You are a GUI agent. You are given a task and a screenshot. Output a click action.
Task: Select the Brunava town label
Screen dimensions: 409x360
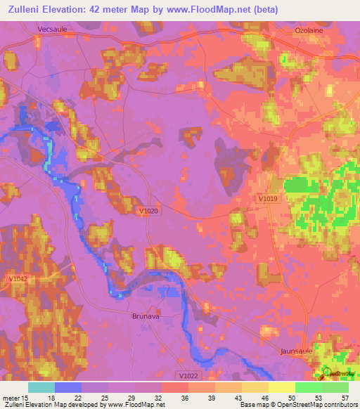147,316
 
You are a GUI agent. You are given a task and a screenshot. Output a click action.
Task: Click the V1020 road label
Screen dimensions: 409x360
148,210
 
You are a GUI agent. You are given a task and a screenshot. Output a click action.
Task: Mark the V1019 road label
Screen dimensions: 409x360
266,200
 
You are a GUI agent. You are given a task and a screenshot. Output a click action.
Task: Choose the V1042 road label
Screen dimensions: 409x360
19,279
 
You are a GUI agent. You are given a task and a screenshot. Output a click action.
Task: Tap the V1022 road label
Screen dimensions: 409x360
188,376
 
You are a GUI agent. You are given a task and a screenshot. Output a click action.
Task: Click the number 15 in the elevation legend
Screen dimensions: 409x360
26,397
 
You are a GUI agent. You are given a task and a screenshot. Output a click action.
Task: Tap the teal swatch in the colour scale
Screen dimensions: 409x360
41,387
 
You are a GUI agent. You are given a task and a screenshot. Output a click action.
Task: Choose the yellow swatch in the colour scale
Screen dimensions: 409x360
282,387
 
